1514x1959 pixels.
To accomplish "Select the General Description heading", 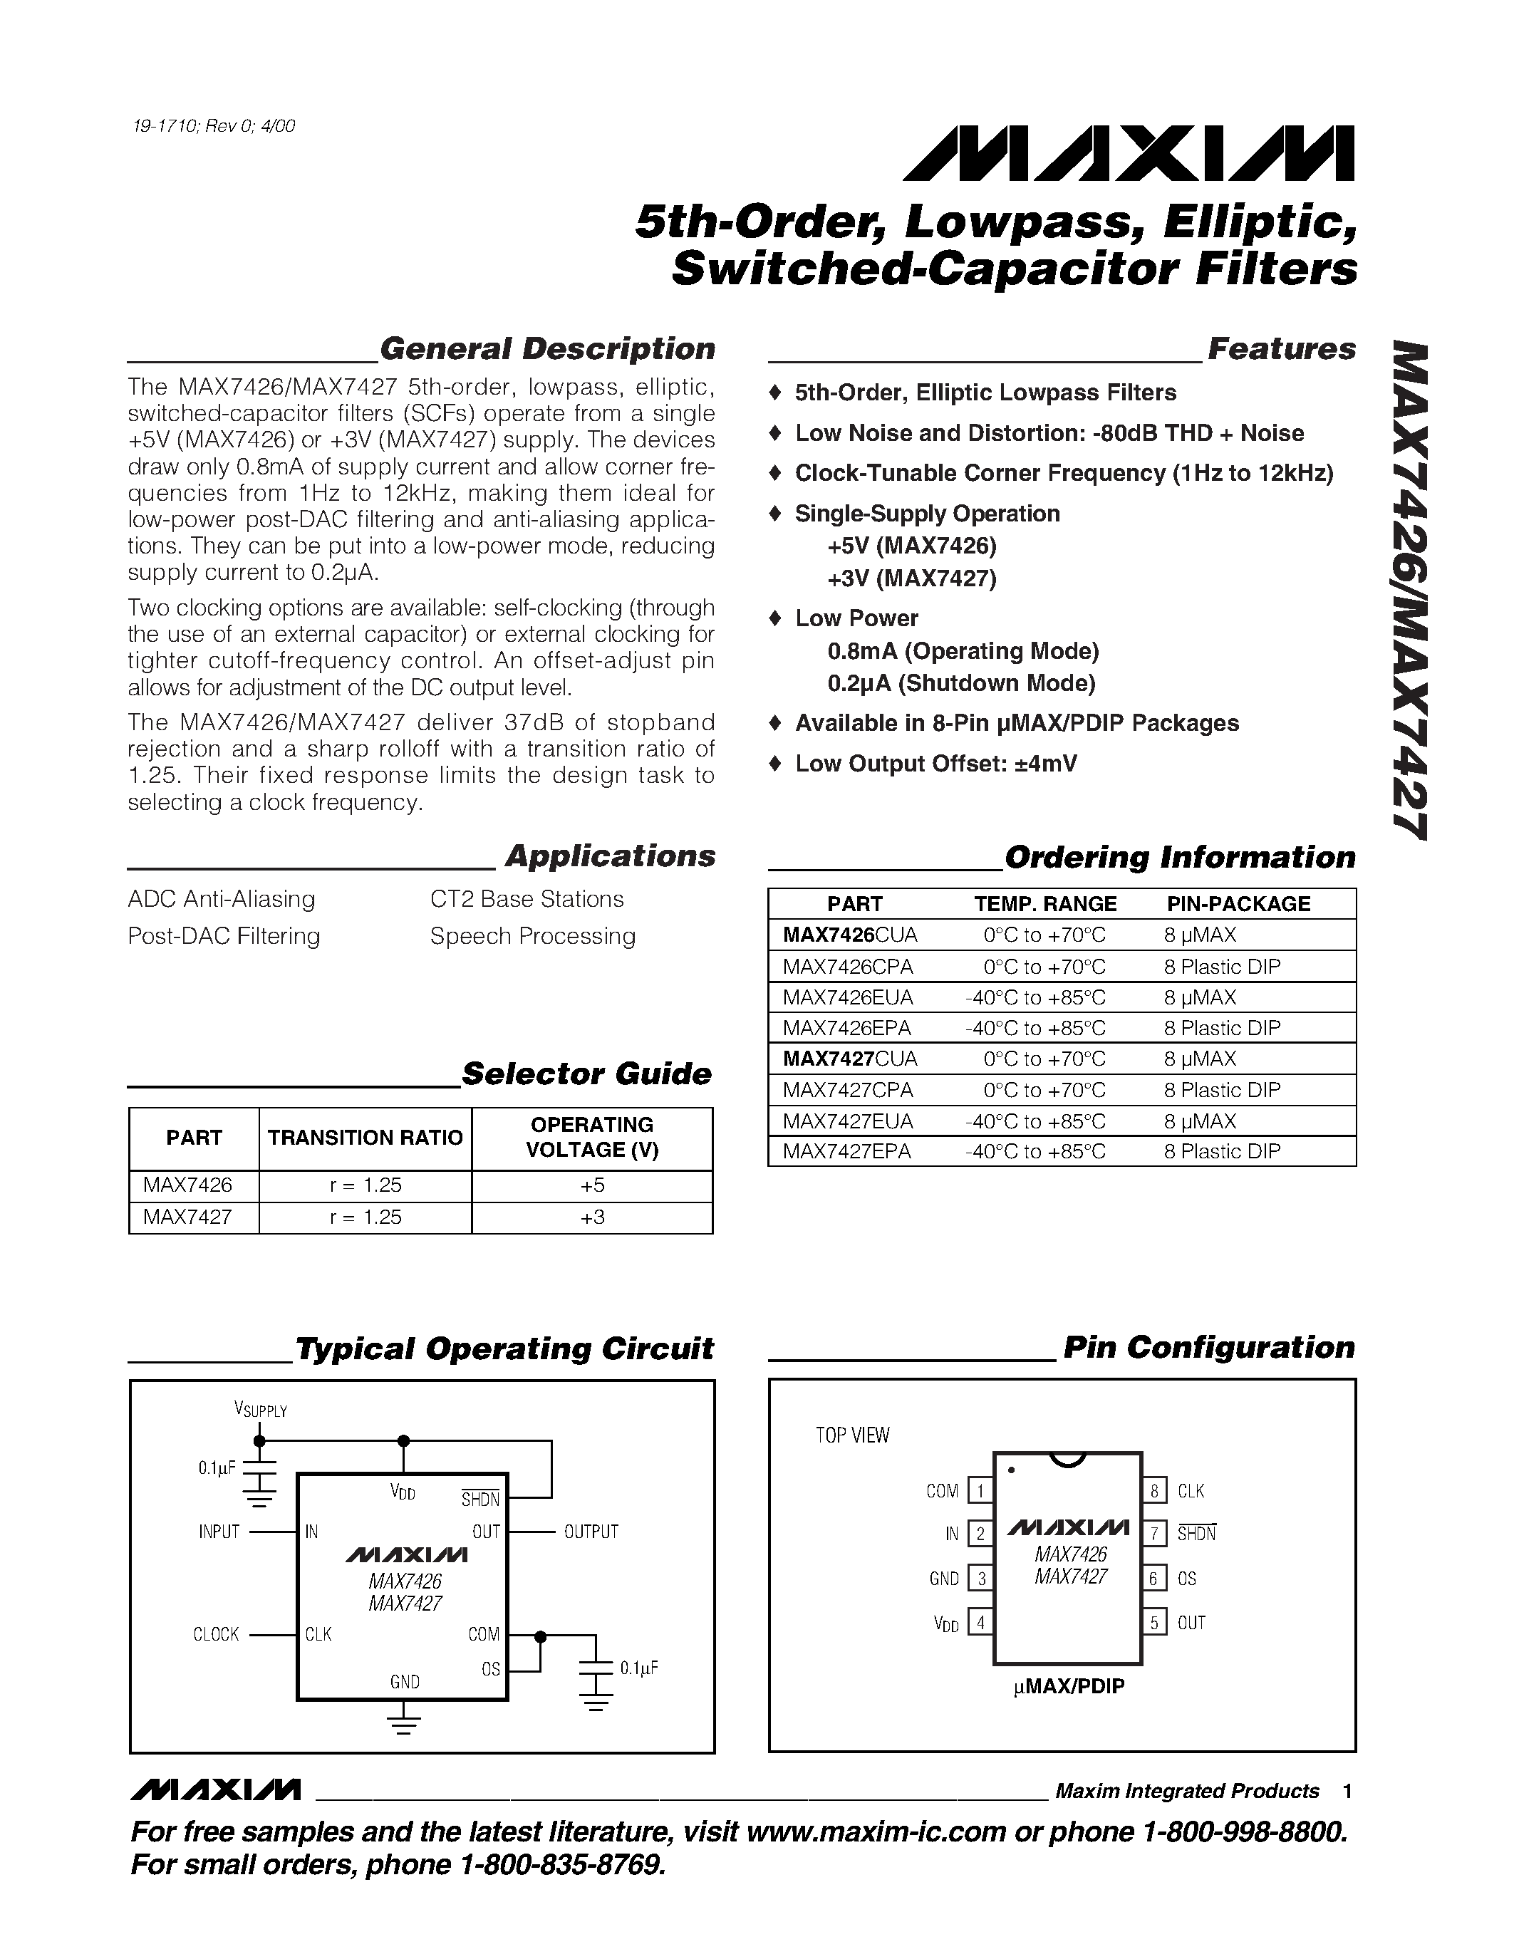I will (547, 349).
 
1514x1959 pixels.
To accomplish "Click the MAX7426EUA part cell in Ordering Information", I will (848, 997).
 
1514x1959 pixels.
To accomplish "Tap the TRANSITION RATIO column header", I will (365, 1138).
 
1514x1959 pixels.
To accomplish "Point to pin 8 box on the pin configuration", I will (1154, 1491).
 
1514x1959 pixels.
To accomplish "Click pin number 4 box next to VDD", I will (980, 1622).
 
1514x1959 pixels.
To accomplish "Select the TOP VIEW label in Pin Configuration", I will (852, 1435).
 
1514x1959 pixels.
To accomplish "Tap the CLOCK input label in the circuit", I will (216, 1634).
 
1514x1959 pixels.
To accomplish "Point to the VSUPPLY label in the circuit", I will (260, 1409).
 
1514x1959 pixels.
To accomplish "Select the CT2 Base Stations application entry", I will (527, 899).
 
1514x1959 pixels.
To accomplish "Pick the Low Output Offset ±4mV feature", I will (935, 764).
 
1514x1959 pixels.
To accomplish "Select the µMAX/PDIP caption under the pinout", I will (1068, 1686).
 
